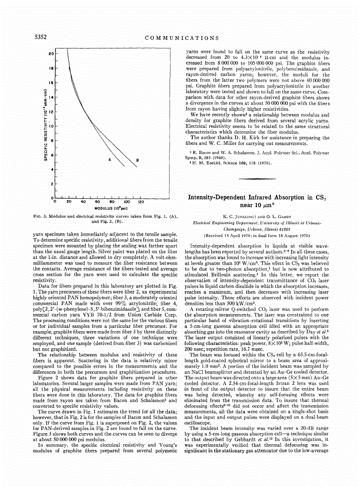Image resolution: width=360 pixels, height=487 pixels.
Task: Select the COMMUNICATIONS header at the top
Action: click(x=181, y=38)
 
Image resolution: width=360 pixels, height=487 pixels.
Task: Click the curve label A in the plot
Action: click(x=109, y=160)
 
